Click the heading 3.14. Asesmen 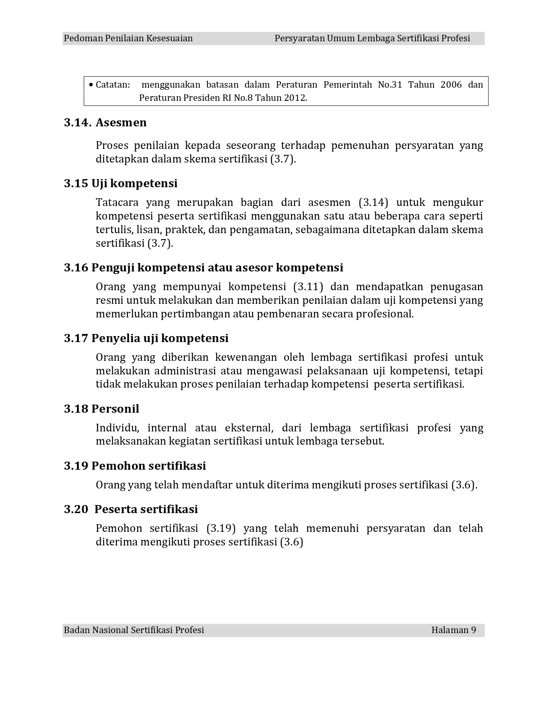(105, 123)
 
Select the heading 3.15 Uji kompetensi (121, 183)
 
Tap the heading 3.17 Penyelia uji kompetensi (146, 338)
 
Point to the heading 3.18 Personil (102, 409)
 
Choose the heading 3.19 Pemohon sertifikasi (135, 466)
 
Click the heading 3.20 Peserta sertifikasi (131, 509)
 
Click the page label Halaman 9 (454, 630)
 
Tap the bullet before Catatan (91, 85)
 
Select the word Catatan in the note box (112, 85)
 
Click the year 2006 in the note (451, 85)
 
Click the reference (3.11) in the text (308, 287)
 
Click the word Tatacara (116, 203)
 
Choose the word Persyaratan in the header (299, 38)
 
